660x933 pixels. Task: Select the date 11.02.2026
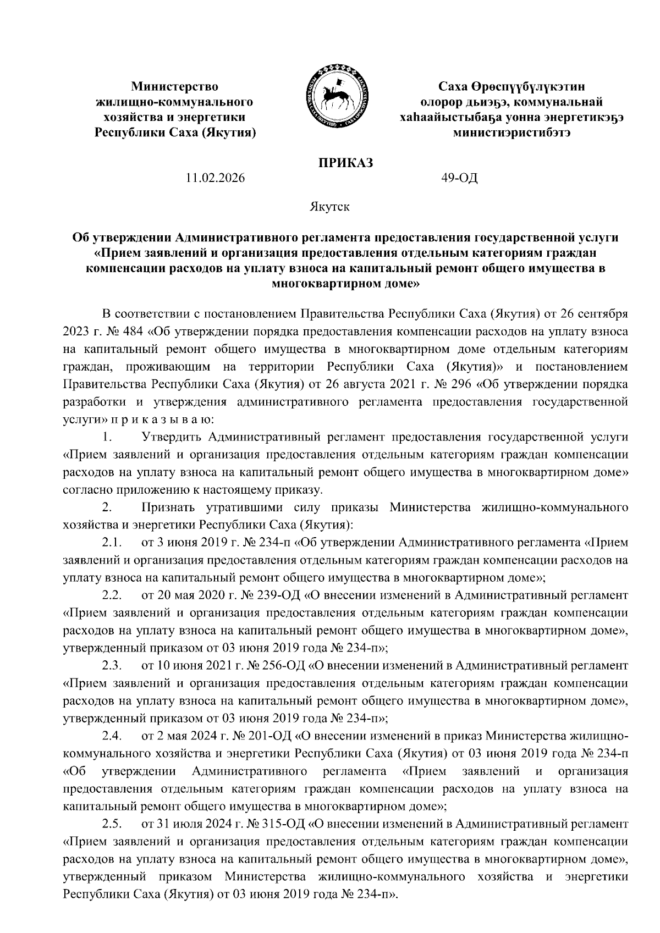click(x=216, y=178)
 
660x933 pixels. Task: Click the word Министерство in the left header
click(x=174, y=86)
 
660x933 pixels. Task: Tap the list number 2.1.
click(x=111, y=543)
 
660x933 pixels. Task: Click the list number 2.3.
click(x=111, y=666)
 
